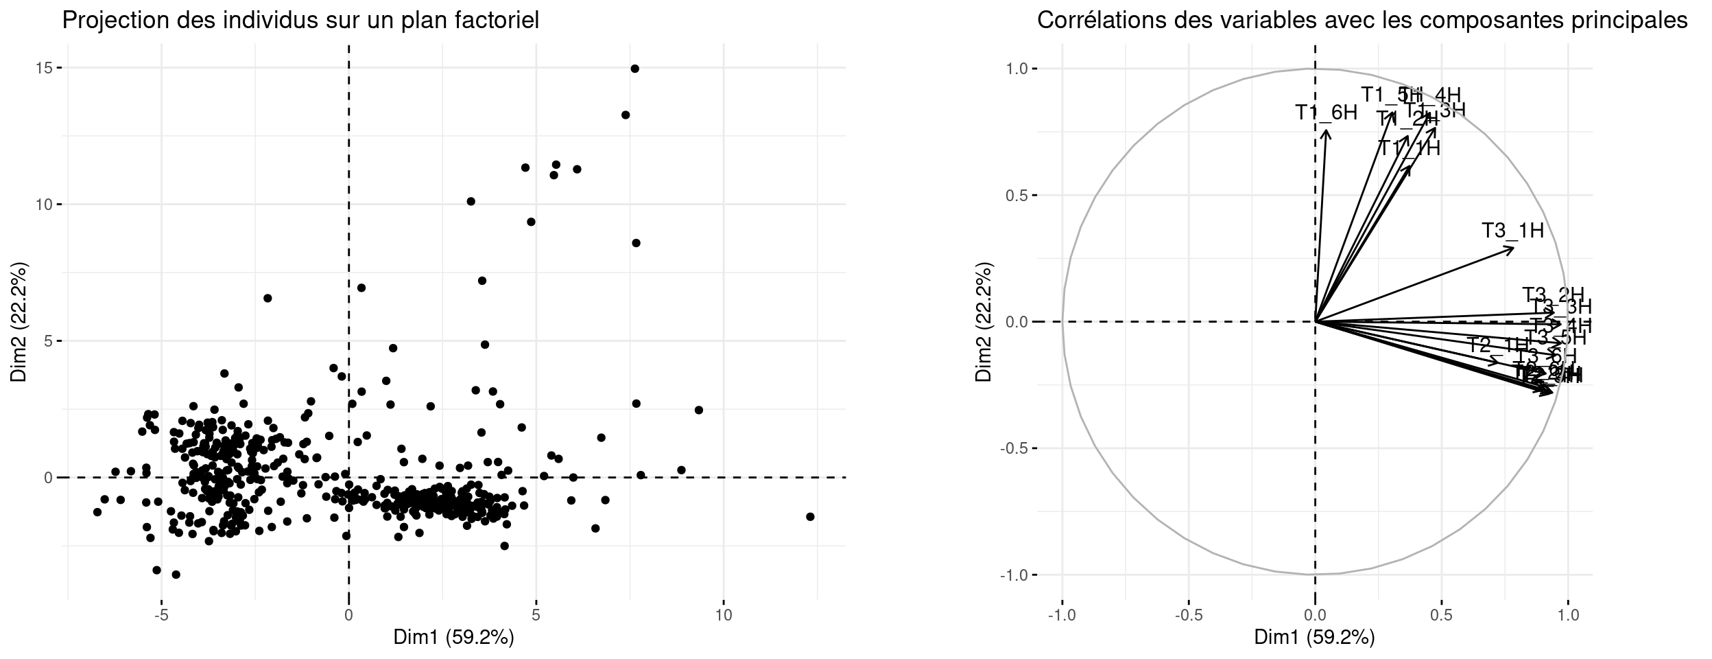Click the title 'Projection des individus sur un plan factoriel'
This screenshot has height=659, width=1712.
[x=300, y=21]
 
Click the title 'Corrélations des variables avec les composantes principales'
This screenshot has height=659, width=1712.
[x=1362, y=21]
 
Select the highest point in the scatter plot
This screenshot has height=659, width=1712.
[x=634, y=69]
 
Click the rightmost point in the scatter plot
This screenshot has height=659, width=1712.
[x=810, y=516]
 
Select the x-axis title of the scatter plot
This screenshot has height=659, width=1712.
[x=453, y=638]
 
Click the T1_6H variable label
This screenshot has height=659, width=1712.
[x=1326, y=113]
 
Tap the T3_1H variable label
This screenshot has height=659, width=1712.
[x=1512, y=231]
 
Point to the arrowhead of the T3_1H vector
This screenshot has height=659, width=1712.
[x=1512, y=248]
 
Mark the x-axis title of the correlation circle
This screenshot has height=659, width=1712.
[x=1314, y=638]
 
